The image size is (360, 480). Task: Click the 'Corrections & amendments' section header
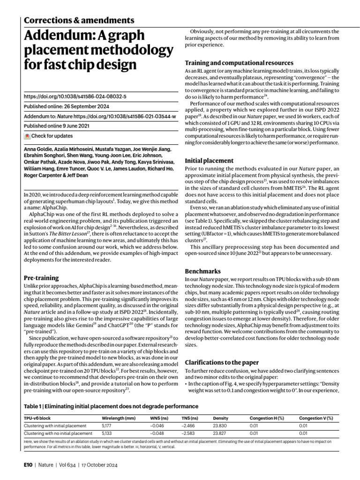79,20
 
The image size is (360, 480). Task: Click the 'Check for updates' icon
27,136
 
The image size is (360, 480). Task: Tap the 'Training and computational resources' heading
239,63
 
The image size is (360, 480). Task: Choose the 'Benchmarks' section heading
202,271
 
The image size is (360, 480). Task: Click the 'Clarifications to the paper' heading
226,362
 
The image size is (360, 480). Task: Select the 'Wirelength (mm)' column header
119,418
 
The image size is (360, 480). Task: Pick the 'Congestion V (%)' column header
316,418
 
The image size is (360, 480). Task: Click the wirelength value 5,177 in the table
107,426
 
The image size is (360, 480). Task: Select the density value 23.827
220,434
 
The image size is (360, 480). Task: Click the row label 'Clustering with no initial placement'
58,434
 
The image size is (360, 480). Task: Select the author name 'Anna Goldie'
36,149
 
